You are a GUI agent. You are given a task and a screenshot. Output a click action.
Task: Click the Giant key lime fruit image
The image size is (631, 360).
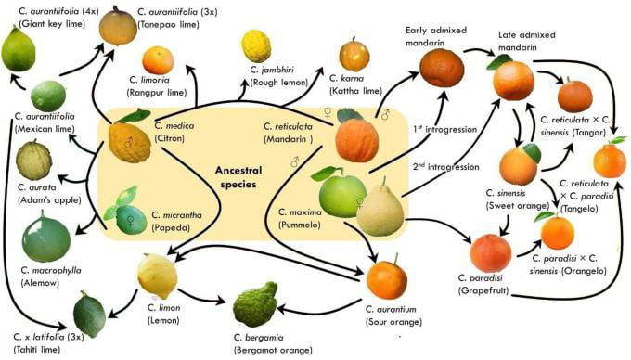click(19, 48)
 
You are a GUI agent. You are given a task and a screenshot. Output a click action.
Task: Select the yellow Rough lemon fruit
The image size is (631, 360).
click(256, 45)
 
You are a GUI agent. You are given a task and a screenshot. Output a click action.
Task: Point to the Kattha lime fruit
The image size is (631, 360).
click(354, 55)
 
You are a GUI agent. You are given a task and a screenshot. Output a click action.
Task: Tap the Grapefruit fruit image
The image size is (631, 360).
click(490, 252)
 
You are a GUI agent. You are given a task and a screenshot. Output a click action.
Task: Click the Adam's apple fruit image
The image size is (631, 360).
click(32, 160)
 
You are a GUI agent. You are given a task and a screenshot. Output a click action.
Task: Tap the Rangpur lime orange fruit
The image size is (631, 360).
click(157, 60)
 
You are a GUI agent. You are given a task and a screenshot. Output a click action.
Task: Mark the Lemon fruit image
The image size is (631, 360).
click(157, 276)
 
